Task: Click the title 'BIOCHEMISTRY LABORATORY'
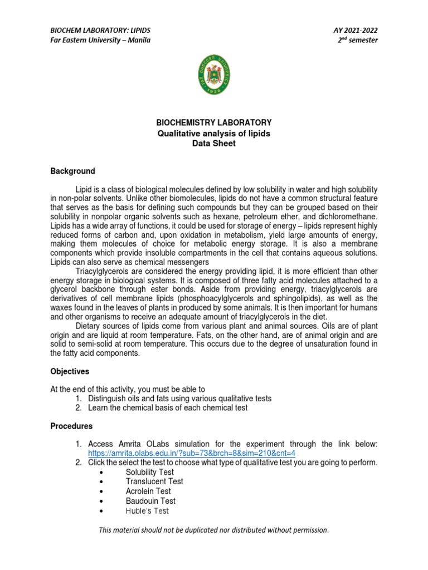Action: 214,122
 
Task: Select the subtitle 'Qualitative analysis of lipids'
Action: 214,133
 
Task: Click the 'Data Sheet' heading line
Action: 214,143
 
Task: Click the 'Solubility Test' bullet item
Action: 149,472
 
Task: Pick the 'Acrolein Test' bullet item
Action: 148,491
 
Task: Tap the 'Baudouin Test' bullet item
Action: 150,501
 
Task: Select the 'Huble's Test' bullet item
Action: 147,510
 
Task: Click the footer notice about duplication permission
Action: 213,530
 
